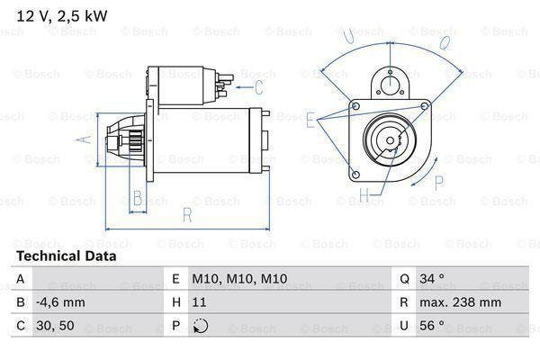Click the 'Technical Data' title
66,256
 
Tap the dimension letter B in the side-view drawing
138,199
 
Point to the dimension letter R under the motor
186,216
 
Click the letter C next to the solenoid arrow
258,87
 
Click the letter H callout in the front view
364,194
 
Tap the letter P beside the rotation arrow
439,183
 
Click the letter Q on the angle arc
443,41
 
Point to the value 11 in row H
200,303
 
